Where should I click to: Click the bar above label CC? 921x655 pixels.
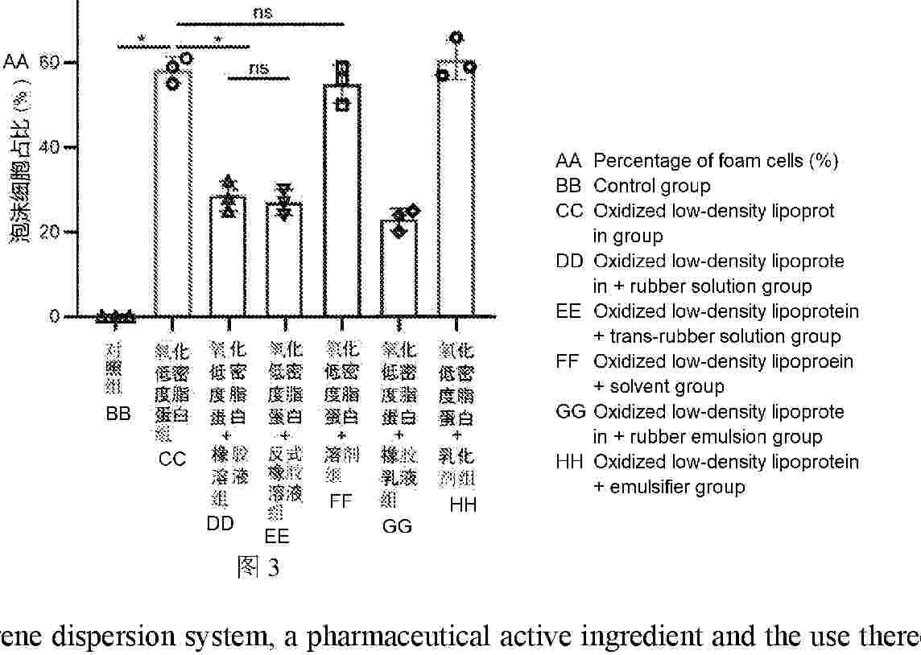[x=172, y=193]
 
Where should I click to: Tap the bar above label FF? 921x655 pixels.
[x=342, y=201]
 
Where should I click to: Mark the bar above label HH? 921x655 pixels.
[x=456, y=189]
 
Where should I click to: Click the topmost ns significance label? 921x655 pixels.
[x=262, y=12]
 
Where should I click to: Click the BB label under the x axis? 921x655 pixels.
[x=118, y=414]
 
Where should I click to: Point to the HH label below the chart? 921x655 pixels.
[x=464, y=505]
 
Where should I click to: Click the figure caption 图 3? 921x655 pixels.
[x=258, y=568]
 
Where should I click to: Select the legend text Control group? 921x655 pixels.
[x=652, y=186]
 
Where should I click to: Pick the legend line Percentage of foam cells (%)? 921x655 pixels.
[x=716, y=160]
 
